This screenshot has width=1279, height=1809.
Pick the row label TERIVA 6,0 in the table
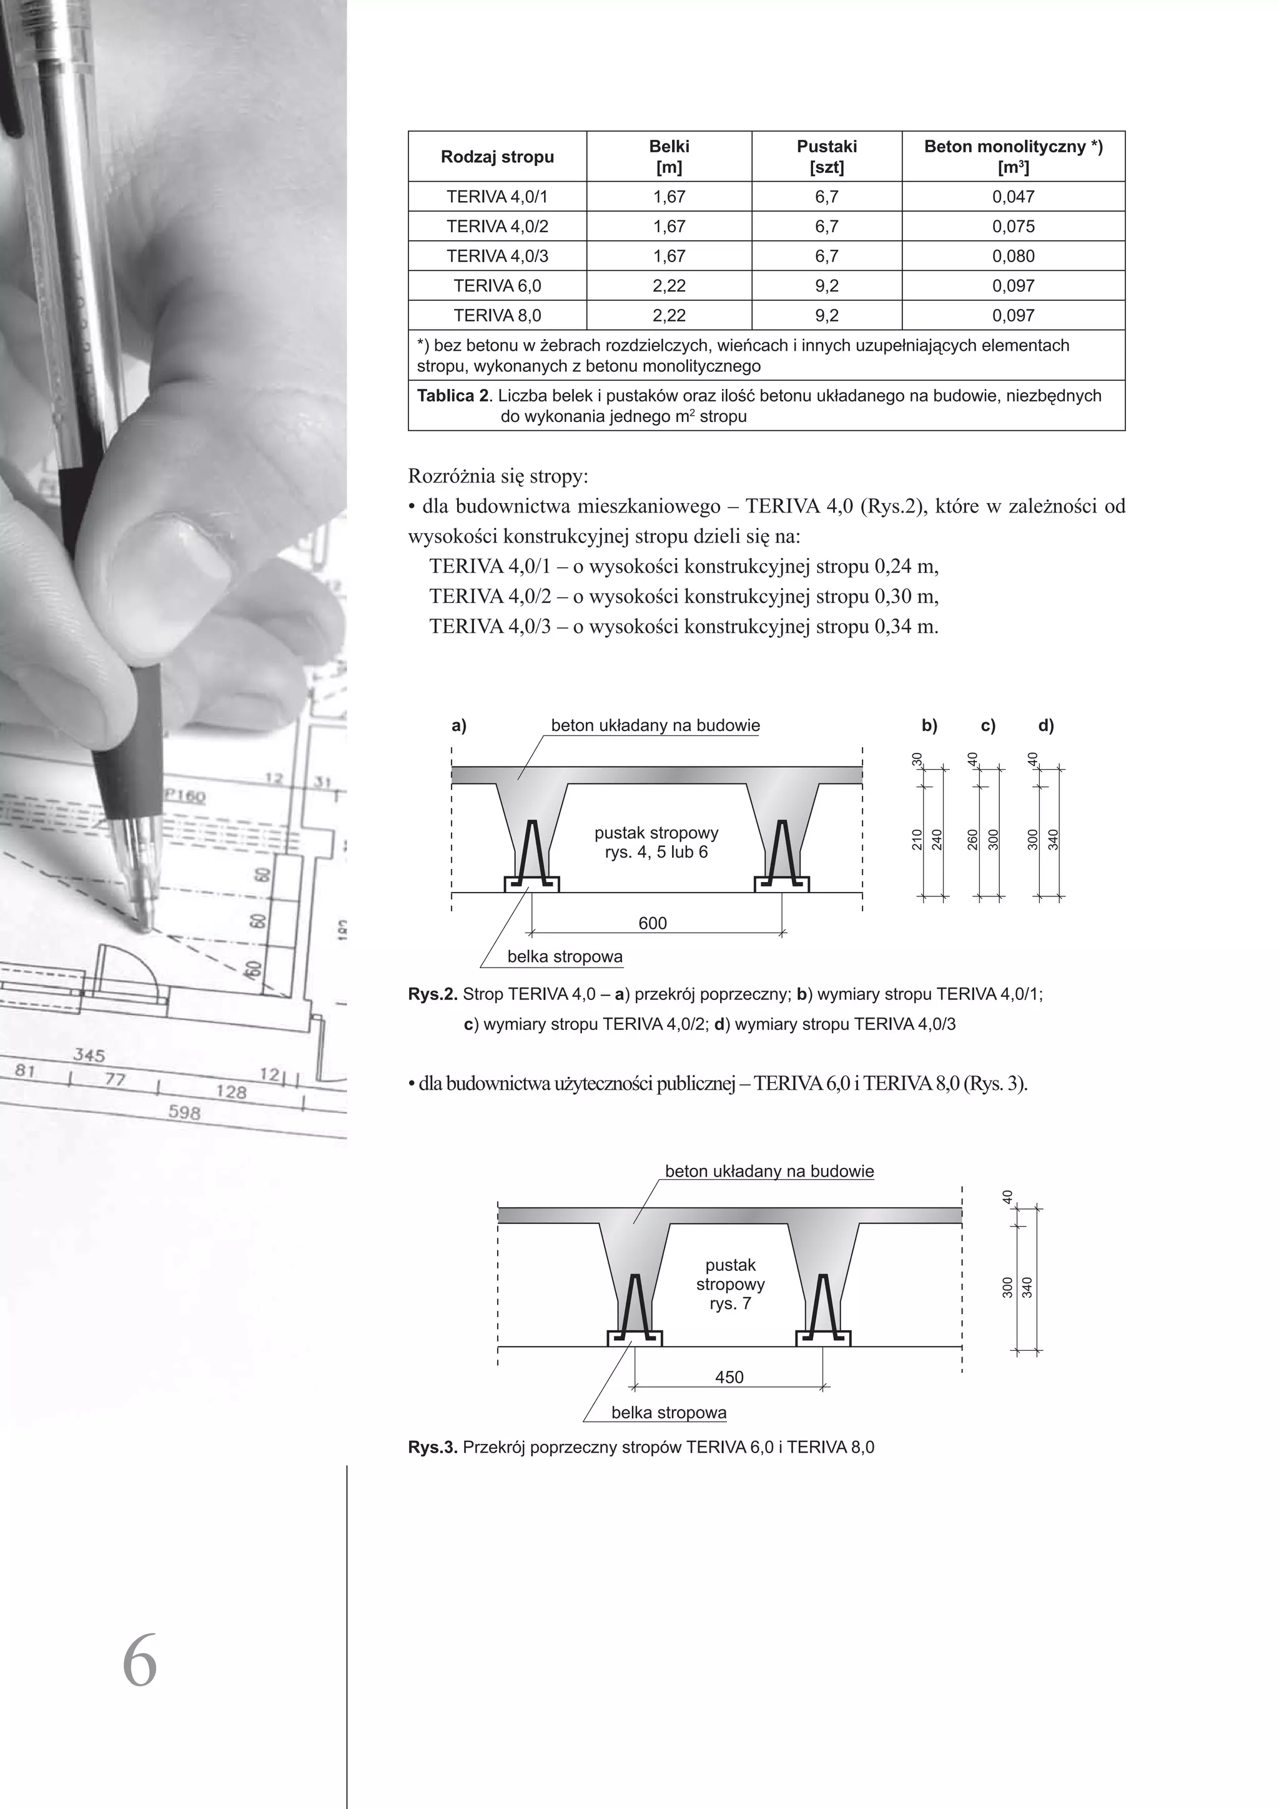click(497, 285)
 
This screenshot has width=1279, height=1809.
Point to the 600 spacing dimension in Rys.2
click(652, 923)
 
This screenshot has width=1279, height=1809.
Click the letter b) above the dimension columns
click(929, 725)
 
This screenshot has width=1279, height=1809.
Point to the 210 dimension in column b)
click(917, 841)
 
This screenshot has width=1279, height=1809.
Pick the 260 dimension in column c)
click(973, 840)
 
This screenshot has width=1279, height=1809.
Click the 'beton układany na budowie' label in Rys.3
click(769, 1171)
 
